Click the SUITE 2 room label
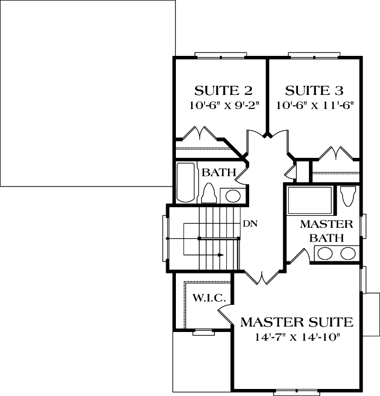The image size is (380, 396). point(223,90)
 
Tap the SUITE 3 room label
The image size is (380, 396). point(314,90)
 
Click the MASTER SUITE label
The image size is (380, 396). point(296,322)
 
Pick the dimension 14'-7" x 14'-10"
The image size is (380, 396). point(296,337)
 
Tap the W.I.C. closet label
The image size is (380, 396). point(205,298)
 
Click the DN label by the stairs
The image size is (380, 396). point(250,223)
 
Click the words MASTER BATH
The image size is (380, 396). point(326,231)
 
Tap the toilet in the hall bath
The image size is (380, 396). point(209,193)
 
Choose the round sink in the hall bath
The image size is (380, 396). point(233,195)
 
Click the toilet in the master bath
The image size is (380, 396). point(348,195)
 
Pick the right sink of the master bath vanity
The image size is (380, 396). point(348,253)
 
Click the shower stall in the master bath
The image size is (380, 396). point(309,201)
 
